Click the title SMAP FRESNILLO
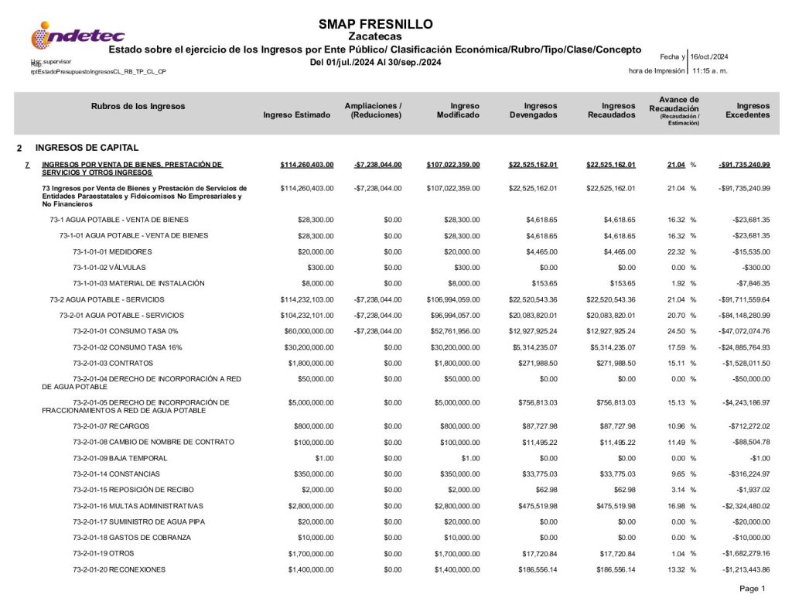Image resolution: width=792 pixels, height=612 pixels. click(375, 24)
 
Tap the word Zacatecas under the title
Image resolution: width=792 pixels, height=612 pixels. click(375, 36)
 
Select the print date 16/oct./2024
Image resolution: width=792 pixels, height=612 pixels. click(709, 56)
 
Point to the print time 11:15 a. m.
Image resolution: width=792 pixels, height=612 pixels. click(710, 70)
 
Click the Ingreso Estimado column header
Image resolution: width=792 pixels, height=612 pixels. click(296, 115)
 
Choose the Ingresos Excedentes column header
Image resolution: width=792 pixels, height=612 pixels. click(747, 110)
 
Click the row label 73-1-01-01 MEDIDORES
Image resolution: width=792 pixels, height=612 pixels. click(112, 252)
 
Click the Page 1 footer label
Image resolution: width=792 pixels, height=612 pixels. click(752, 589)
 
